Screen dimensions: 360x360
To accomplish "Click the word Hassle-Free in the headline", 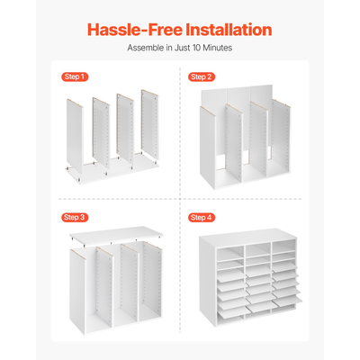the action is [x=135, y=30].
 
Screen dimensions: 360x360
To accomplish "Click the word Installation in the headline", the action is [x=229, y=30].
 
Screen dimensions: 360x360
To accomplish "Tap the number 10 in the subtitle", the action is [x=196, y=48].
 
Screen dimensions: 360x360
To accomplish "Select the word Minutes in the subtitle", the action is [x=218, y=48].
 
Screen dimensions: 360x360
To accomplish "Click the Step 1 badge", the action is [x=75, y=76].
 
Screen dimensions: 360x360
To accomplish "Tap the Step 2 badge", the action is [x=202, y=77].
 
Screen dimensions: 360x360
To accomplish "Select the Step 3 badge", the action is [x=75, y=217].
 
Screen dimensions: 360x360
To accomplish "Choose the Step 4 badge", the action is [x=202, y=218].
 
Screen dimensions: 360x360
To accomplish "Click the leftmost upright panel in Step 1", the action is [x=75, y=137].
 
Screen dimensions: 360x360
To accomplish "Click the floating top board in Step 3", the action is [x=116, y=235].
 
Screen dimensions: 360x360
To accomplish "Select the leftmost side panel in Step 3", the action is [x=77, y=291].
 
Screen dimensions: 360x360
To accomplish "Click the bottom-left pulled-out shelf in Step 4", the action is [x=231, y=312].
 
